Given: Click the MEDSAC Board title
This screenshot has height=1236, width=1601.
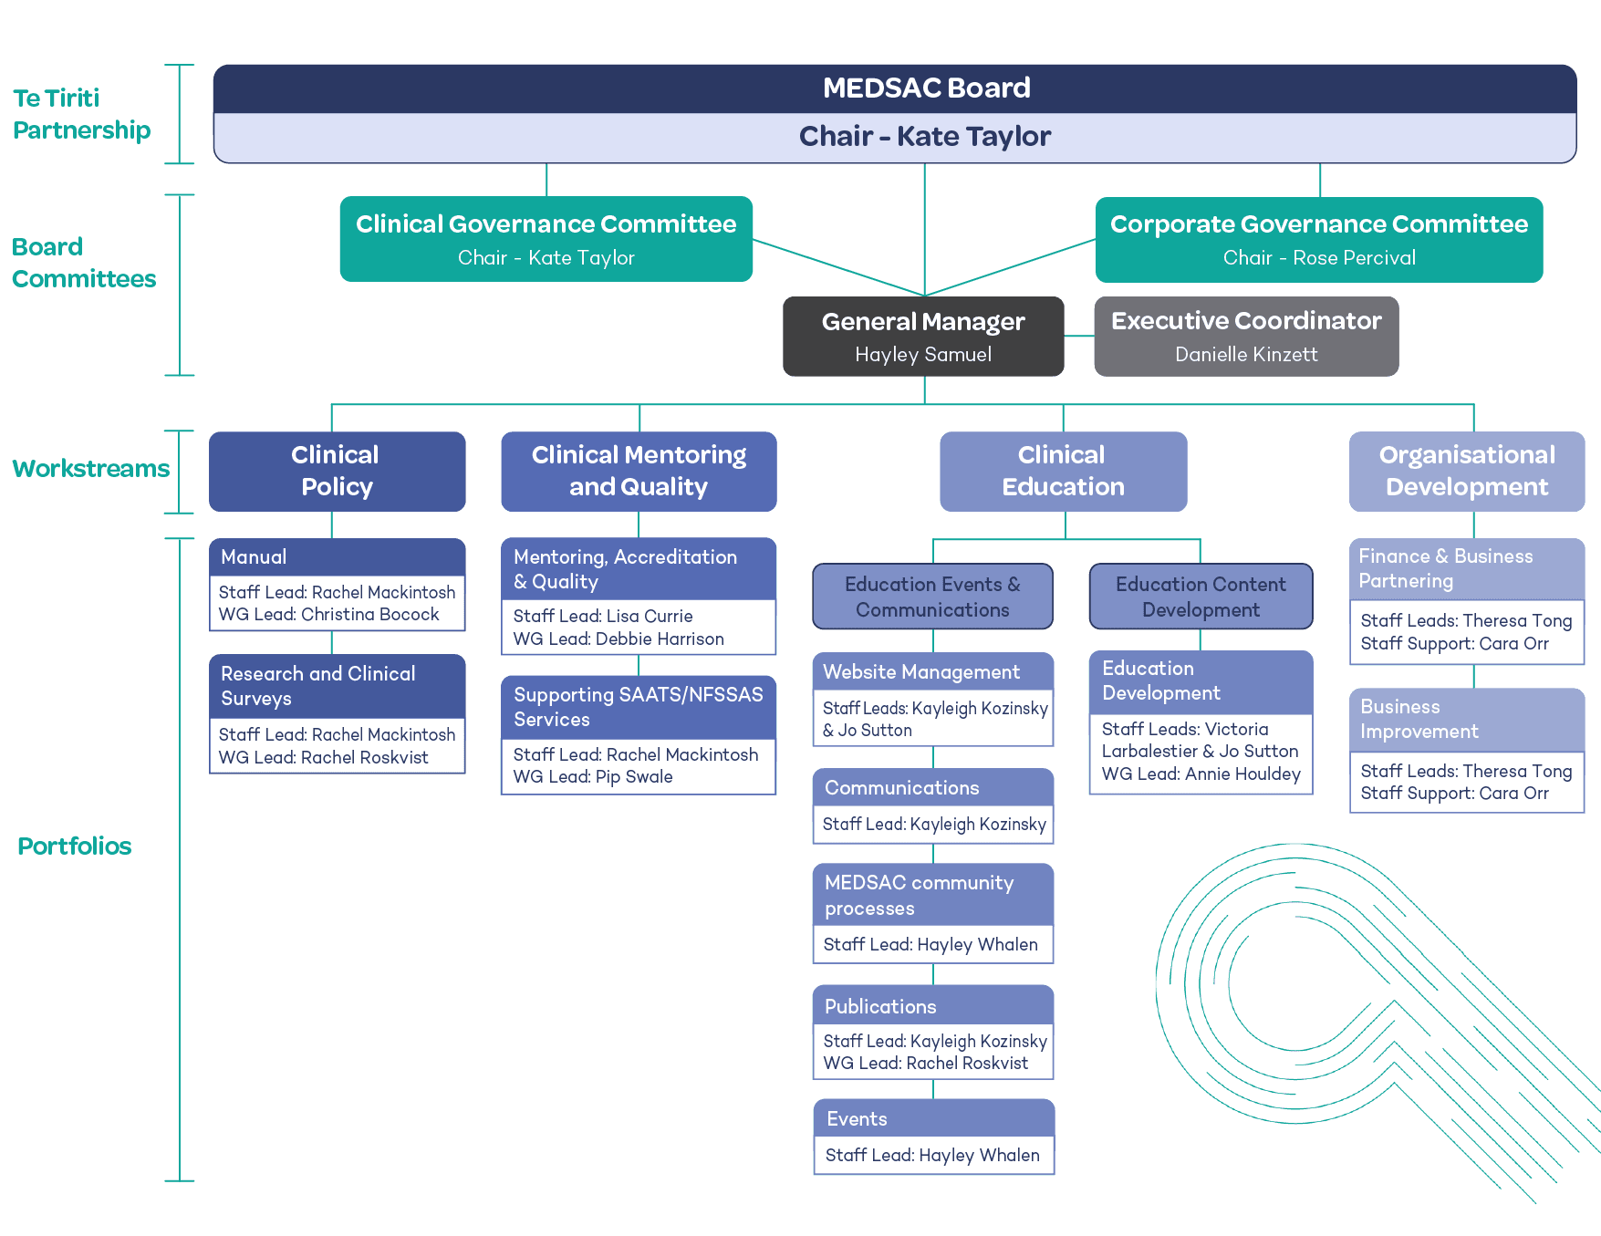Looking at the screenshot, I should [926, 88].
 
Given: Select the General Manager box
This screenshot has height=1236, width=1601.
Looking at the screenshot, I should [923, 337].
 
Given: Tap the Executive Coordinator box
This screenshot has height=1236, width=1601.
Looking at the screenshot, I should [1246, 337].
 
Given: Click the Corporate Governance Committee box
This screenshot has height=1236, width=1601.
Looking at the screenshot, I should [1319, 240].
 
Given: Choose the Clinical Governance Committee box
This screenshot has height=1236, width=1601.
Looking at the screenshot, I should [546, 240].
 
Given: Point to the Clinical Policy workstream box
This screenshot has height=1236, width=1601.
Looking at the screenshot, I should [337, 471].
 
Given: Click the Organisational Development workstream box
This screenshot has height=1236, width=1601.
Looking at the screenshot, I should [1467, 471].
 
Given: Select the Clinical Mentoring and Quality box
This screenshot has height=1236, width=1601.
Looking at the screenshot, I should [639, 471].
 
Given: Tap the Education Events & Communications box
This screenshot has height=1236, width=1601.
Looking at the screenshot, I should [932, 597].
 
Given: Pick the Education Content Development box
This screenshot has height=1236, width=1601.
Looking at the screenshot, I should [1201, 597].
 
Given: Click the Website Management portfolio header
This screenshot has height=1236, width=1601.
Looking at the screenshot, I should [921, 672].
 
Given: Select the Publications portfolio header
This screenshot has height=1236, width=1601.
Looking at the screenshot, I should [880, 1006].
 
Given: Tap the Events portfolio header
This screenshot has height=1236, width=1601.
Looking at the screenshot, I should [857, 1118].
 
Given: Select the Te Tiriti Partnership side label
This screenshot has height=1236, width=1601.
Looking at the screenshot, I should [81, 114].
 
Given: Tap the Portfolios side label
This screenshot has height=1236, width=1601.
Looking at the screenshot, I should [74, 847].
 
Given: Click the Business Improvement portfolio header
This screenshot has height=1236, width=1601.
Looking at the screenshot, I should [1419, 719].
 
